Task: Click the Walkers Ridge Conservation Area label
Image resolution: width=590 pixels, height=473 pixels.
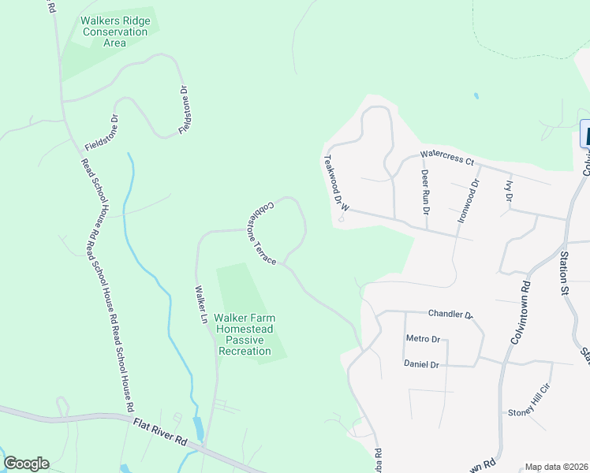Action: click(x=115, y=32)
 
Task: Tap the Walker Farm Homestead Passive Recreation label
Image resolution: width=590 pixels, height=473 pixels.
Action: click(x=243, y=335)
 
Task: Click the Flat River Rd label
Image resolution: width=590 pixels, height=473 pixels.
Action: click(x=159, y=430)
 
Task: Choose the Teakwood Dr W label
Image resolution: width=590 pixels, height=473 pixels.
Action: click(x=335, y=183)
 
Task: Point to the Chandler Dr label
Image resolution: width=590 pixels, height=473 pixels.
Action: click(x=450, y=314)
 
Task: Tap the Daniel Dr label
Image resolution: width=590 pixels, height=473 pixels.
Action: click(x=420, y=364)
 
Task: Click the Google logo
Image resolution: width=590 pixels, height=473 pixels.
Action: click(x=26, y=464)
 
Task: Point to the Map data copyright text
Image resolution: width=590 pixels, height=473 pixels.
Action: click(x=557, y=467)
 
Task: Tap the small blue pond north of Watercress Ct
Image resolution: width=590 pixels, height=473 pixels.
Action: click(x=476, y=96)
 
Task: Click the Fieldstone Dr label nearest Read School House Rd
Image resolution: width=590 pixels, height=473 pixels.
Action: click(x=101, y=133)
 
